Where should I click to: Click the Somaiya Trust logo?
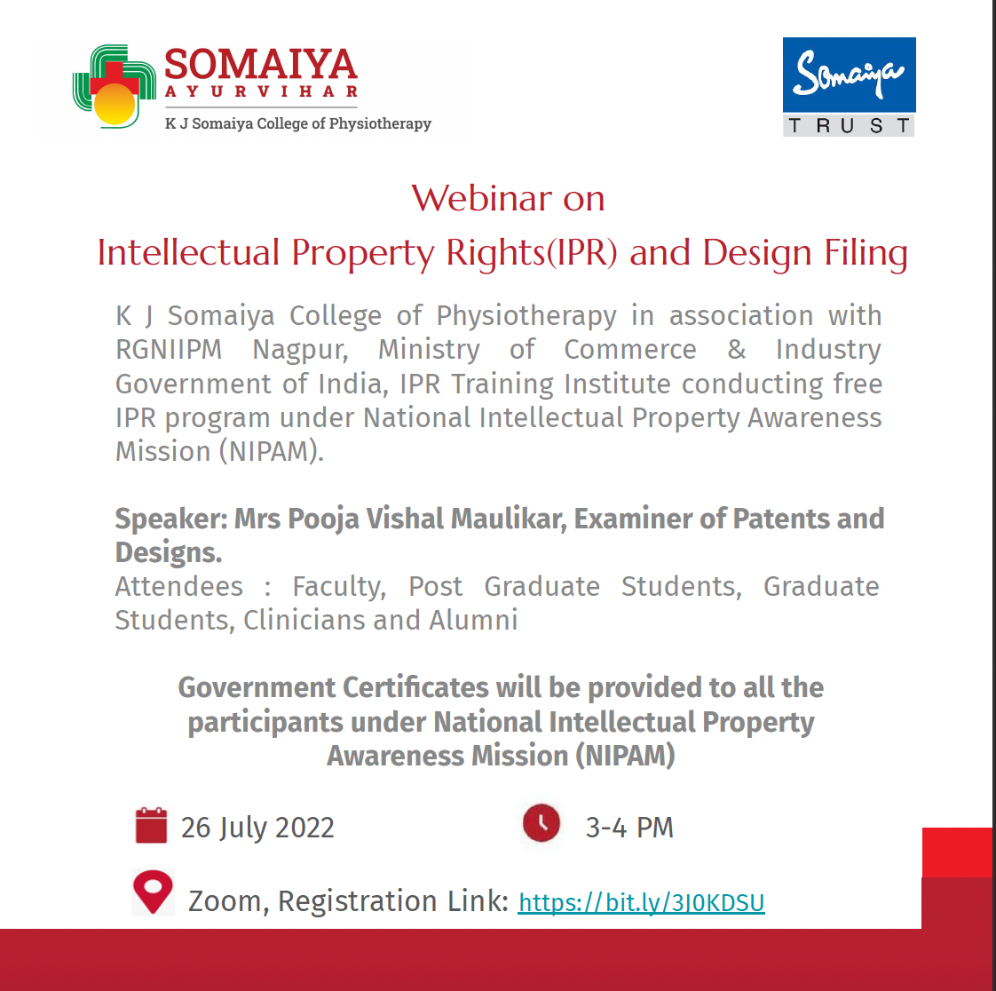tap(849, 86)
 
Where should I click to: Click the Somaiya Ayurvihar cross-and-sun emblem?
tap(115, 86)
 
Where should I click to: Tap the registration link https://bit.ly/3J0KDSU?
tap(641, 903)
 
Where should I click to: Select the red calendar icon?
tap(151, 825)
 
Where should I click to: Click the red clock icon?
tap(541, 823)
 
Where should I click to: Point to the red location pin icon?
tap(153, 892)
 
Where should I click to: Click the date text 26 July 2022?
tap(257, 828)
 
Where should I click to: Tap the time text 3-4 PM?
tap(628, 828)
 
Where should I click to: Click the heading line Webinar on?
tap(508, 198)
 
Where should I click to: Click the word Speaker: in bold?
tap(171, 519)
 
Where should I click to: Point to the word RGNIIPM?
tap(169, 349)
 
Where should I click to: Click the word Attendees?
tap(179, 586)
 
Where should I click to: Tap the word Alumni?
tap(473, 620)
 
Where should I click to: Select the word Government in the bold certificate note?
tap(257, 687)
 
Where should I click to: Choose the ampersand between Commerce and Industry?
tap(736, 349)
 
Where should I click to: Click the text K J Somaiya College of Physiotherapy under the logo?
tap(298, 124)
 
